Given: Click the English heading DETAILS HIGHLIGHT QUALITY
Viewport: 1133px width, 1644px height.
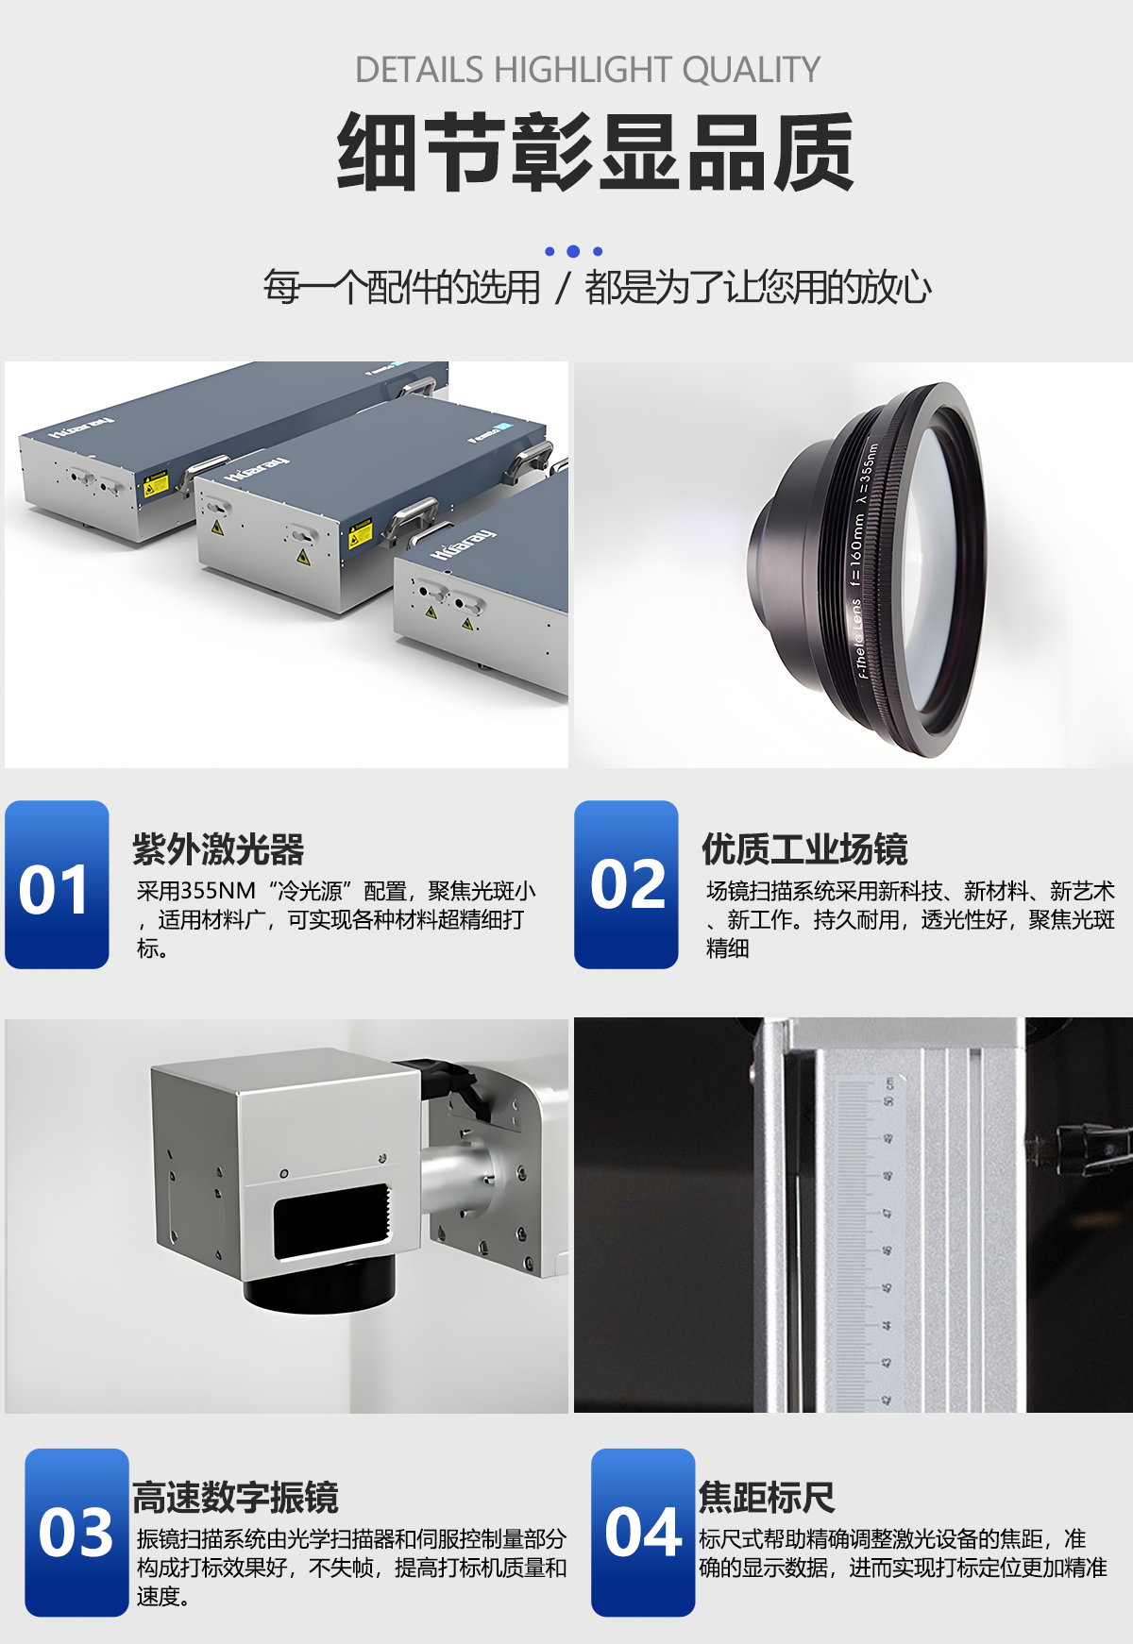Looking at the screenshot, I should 586,71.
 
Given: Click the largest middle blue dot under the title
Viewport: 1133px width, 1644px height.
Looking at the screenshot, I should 573,251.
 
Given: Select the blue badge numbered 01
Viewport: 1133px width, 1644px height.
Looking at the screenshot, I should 57,885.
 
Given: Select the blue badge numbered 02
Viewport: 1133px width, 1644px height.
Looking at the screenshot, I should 626,885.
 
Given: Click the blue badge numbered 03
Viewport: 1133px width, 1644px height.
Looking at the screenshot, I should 76,1533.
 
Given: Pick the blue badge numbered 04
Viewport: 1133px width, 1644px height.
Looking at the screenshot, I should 643,1533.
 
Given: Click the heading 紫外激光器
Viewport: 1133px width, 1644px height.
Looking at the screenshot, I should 218,849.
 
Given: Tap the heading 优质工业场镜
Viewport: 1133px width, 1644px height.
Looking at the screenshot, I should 804,849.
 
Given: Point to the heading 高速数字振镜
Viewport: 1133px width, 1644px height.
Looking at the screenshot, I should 235,1498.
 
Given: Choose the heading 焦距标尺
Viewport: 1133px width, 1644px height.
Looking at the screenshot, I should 766,1498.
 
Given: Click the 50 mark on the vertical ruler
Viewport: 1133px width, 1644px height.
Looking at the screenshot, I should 888,1101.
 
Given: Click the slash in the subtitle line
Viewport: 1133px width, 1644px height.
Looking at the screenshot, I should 563,288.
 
